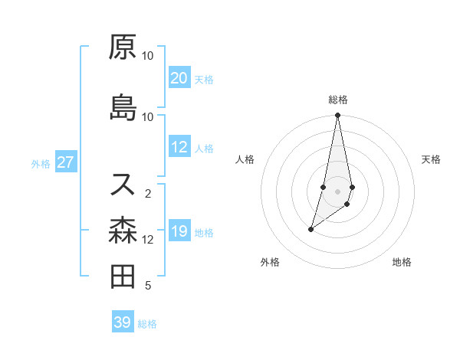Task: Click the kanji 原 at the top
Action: click(123, 48)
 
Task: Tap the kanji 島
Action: click(123, 107)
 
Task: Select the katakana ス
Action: click(123, 184)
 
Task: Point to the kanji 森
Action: click(123, 229)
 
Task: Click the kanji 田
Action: click(123, 276)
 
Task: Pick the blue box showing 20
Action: click(179, 78)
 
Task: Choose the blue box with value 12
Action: click(179, 147)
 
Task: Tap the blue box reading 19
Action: click(179, 231)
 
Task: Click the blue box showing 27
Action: click(65, 162)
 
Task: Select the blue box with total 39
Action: click(123, 322)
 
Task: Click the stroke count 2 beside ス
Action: click(148, 193)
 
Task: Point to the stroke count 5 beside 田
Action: click(148, 286)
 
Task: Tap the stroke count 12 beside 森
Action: click(148, 239)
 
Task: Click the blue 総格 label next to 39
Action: click(147, 324)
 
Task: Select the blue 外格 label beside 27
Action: click(40, 163)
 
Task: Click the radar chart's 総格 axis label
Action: click(338, 100)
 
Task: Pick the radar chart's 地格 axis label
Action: click(402, 262)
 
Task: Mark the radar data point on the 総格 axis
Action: click(338, 116)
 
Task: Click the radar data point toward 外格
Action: click(310, 229)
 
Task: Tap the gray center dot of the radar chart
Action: click(338, 191)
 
